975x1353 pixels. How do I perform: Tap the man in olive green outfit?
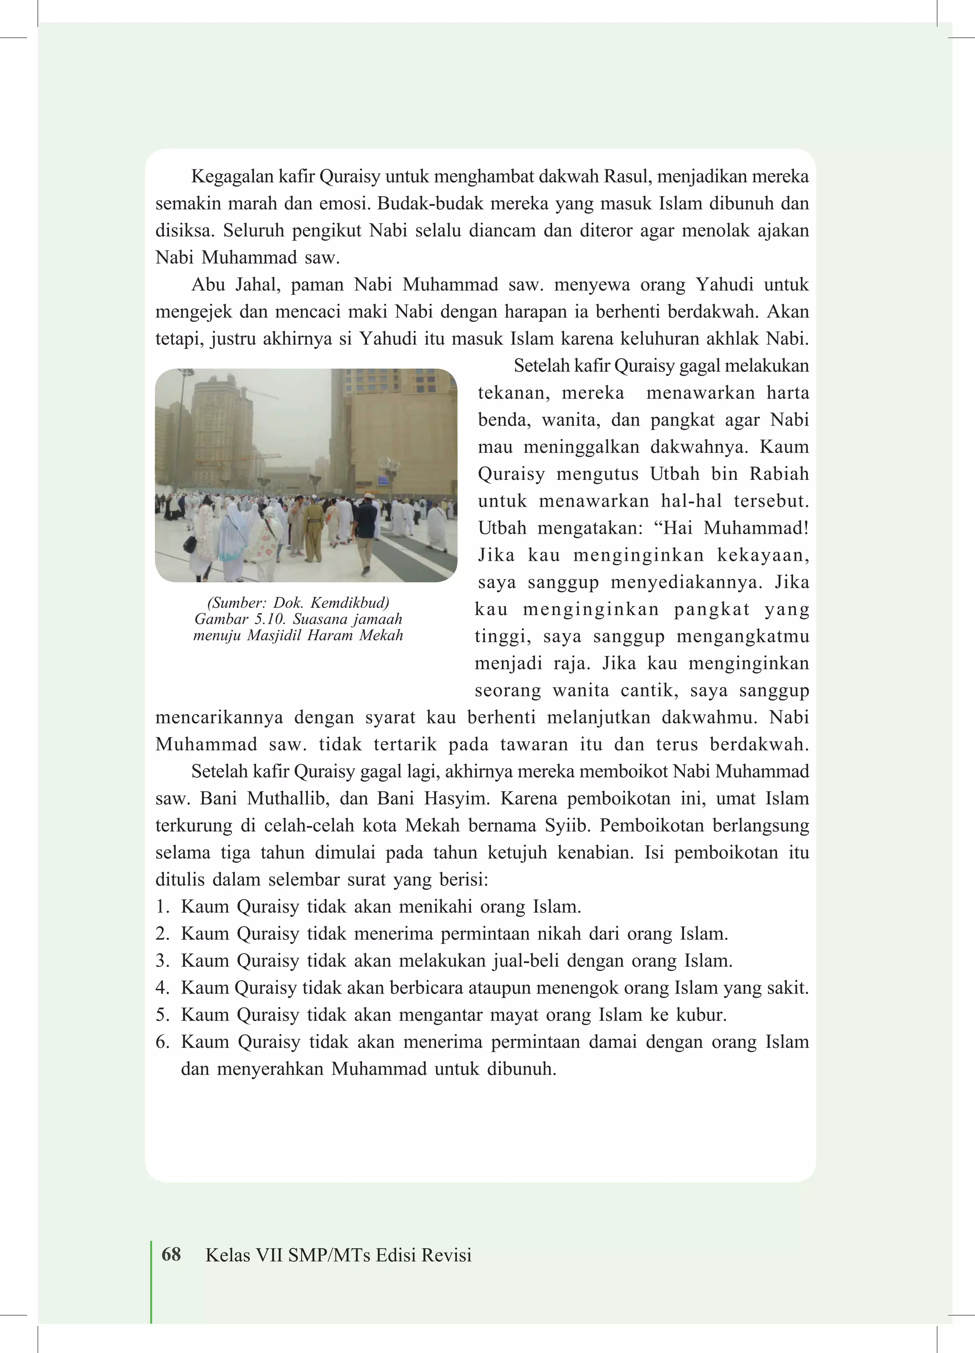(313, 528)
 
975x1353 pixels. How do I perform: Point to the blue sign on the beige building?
(382, 479)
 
